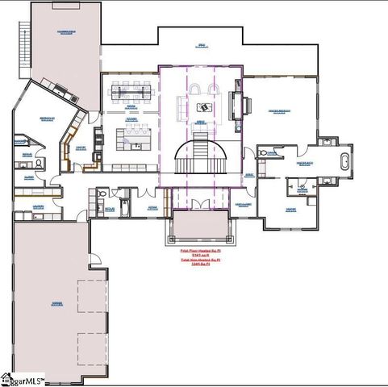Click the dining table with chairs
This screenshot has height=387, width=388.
pos(131,90)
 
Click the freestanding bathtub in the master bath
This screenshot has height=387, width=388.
pos(346,160)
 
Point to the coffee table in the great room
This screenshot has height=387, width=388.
pos(204,106)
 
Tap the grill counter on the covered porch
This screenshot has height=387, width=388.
pos(60,87)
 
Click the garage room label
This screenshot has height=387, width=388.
pos(56,305)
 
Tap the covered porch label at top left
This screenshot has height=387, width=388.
pos(66,32)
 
